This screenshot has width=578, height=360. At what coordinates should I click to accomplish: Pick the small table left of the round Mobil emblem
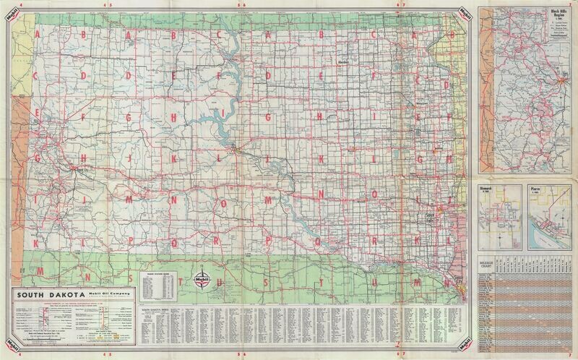[157, 283]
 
